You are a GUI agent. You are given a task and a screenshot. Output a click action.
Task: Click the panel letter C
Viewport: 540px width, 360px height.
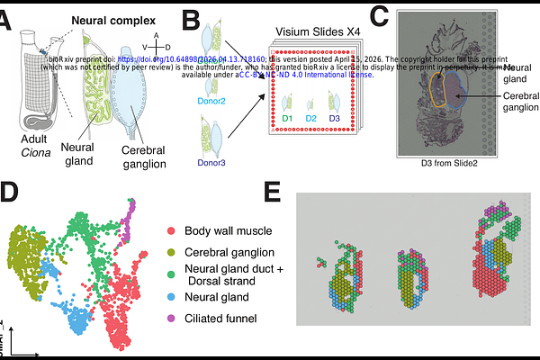coord(380,14)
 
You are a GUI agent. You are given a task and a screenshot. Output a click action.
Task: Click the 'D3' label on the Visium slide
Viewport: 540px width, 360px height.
coord(335,118)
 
